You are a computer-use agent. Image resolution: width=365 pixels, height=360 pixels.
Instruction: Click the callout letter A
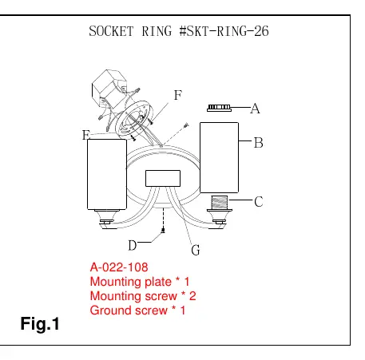pyautogui.click(x=255, y=109)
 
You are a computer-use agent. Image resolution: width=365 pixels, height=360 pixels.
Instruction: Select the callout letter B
pyautogui.click(x=258, y=143)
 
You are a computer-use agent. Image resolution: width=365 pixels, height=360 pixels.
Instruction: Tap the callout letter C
pyautogui.click(x=259, y=201)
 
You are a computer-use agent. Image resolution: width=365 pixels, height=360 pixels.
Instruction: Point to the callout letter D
pyautogui.click(x=133, y=245)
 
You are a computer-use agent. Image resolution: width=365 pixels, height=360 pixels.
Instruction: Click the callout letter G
pyautogui.click(x=196, y=250)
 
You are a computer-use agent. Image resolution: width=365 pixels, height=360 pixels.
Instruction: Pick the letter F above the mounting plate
pyautogui.click(x=178, y=95)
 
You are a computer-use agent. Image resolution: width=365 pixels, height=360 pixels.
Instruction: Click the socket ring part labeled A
pyautogui.click(x=219, y=108)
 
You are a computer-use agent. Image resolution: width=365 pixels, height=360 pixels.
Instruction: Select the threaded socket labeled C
pyautogui.click(x=220, y=202)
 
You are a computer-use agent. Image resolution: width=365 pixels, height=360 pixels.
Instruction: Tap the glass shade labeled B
pyautogui.click(x=219, y=157)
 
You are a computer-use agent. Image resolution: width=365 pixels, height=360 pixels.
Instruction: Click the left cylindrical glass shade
pyautogui.click(x=107, y=174)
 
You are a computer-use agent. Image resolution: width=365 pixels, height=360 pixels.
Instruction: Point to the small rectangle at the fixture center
pyautogui.click(x=163, y=178)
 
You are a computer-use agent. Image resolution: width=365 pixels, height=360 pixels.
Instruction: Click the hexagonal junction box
pyautogui.click(x=109, y=89)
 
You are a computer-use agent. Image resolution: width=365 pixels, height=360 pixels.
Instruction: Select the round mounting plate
pyautogui.click(x=134, y=120)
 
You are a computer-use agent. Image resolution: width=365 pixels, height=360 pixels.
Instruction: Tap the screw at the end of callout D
pyautogui.click(x=163, y=230)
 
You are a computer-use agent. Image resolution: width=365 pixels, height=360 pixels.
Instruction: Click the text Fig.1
pyautogui.click(x=40, y=324)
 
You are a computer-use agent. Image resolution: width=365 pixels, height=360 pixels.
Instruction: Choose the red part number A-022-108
pyautogui.click(x=119, y=267)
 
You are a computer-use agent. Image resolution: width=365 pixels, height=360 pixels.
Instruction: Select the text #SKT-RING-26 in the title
pyautogui.click(x=224, y=31)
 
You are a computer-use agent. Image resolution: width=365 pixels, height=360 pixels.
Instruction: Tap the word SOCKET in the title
pyautogui.click(x=111, y=31)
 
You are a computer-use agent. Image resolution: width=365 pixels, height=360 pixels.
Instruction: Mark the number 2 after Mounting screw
pyautogui.click(x=192, y=296)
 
